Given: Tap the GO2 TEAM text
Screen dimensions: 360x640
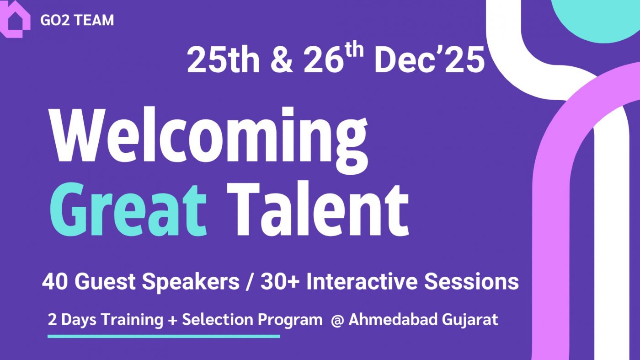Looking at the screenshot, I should click(x=77, y=21).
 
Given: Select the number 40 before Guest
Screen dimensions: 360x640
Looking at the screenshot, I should click(x=55, y=282).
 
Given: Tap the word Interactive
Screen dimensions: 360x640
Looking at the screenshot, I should click(x=362, y=282).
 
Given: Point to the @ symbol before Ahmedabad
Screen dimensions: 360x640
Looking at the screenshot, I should click(x=337, y=320).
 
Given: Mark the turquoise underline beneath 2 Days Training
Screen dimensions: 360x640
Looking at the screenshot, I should click(x=164, y=336).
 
